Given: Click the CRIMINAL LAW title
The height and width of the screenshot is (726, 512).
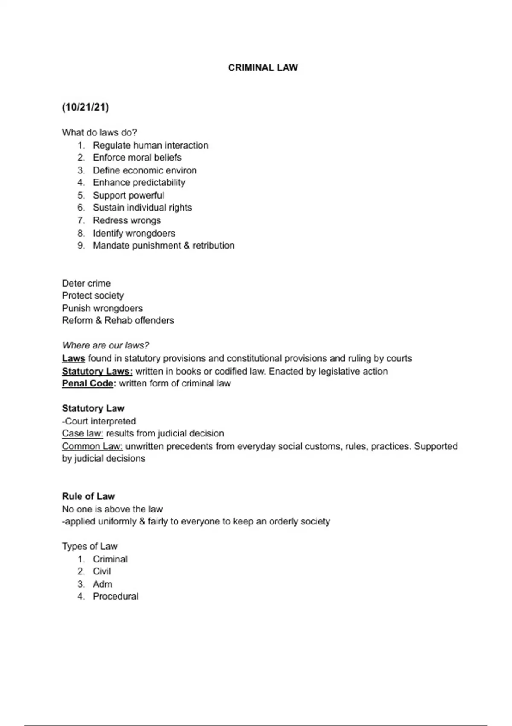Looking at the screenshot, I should coord(263,67).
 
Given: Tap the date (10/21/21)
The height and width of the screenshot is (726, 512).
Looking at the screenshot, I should coord(85,107).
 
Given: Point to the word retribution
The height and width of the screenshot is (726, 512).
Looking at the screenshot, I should coord(213,245).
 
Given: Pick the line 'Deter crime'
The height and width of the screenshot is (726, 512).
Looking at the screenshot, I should coord(86,283).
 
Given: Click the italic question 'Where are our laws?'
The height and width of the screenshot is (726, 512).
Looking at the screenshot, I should coord(105,345).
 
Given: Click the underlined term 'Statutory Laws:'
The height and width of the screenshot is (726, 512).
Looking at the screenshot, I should coord(97,371).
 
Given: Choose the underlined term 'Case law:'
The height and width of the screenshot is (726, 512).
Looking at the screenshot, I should coord(82,433).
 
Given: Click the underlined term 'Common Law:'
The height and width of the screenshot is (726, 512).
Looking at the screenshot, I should coord(92,446).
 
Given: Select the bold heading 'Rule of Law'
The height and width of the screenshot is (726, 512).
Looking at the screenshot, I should coord(88,496).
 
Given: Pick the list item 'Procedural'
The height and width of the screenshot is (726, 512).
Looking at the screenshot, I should coord(116,596).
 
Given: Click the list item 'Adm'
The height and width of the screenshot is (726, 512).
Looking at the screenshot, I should coord(102,584).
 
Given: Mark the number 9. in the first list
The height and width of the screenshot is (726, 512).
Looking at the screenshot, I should coord(81,245).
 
